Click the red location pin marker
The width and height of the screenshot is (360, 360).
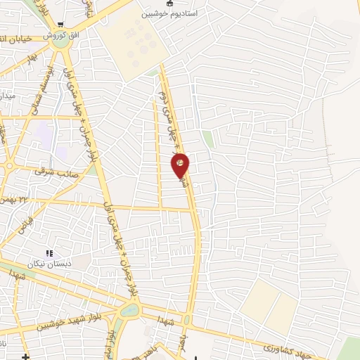coord(180,164)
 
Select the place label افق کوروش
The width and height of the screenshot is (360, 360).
coord(60,34)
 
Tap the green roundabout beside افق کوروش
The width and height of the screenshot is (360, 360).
coord(61,42)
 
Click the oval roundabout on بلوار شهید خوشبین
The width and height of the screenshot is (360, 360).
coord(129,310)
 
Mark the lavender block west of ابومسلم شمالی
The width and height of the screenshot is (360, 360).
coord(45,133)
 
